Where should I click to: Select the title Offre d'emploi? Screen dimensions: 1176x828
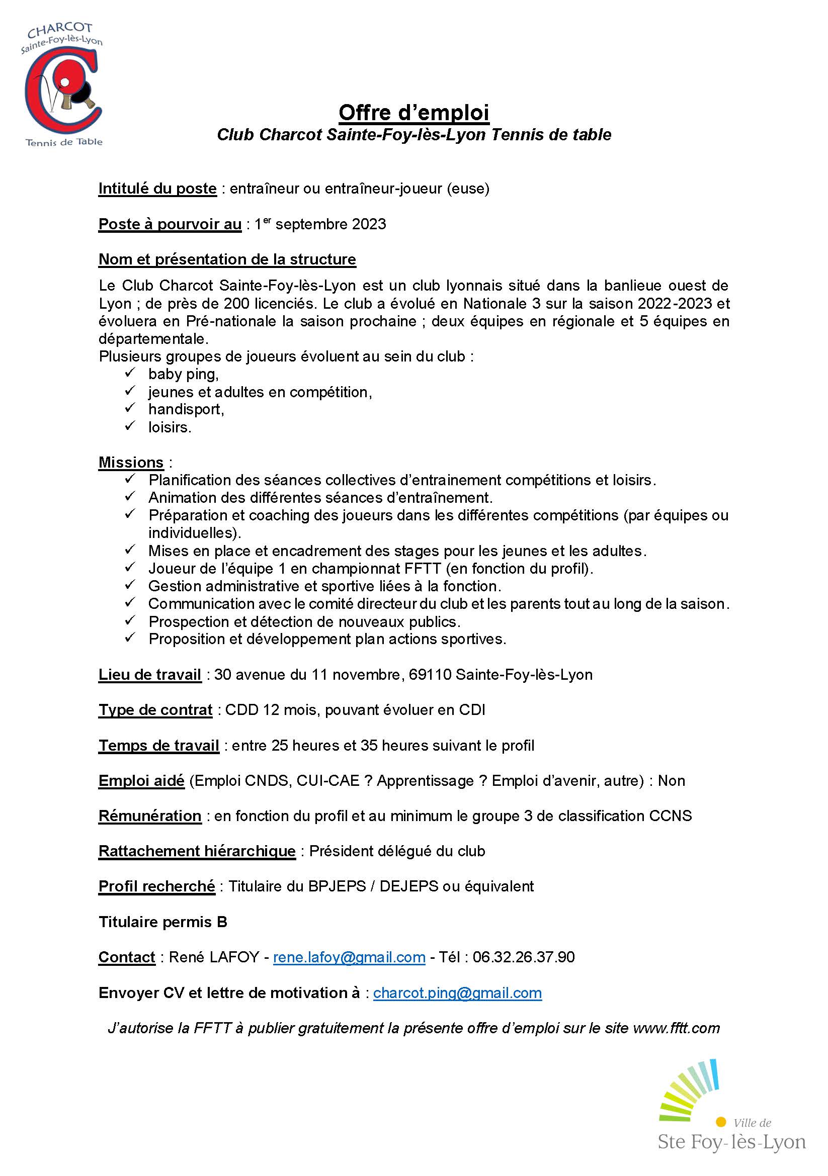413,112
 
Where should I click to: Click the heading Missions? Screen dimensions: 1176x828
131,462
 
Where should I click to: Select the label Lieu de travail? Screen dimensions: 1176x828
149,675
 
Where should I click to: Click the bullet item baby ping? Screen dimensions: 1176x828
184,374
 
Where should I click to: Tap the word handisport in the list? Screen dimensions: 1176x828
186,409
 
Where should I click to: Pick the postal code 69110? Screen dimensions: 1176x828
430,675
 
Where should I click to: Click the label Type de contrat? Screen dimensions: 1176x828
155,710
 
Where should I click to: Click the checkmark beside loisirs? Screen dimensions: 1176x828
130,426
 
